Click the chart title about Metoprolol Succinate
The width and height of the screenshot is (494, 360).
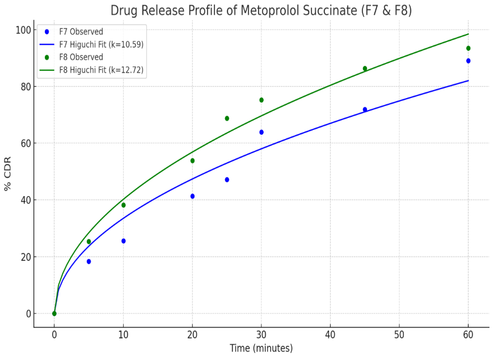pyautogui.click(x=261, y=10)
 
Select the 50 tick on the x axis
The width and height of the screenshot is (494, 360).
pyautogui.click(x=399, y=334)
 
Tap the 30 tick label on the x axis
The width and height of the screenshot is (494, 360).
pyautogui.click(x=261, y=334)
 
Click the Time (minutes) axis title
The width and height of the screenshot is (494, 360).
pyautogui.click(x=261, y=348)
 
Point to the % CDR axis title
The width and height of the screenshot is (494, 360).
pyautogui.click(x=8, y=173)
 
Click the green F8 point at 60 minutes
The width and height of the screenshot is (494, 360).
pyautogui.click(x=468, y=48)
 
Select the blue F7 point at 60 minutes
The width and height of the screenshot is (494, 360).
pyautogui.click(x=468, y=61)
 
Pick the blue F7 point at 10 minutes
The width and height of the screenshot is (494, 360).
pyautogui.click(x=124, y=241)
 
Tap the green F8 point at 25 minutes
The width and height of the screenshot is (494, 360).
pyautogui.click(x=227, y=118)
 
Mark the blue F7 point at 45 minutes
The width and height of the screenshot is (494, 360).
pyautogui.click(x=365, y=109)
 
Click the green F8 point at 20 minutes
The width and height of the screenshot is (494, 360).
pyautogui.click(x=192, y=160)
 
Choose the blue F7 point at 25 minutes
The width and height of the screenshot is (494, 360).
pyautogui.click(x=227, y=180)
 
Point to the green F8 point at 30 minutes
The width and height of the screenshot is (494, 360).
pyautogui.click(x=261, y=100)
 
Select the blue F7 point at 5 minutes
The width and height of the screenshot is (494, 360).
pyautogui.click(x=89, y=261)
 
